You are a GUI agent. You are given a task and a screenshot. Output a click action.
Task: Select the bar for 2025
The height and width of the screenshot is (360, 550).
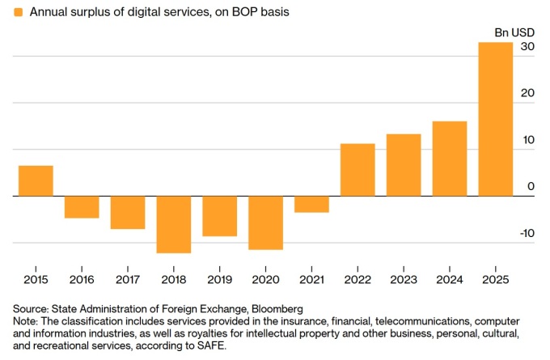coord(496,119)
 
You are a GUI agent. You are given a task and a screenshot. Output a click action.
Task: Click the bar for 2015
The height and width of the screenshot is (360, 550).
coord(36,180)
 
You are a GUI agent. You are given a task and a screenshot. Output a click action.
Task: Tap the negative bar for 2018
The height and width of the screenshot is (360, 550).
coord(174,224)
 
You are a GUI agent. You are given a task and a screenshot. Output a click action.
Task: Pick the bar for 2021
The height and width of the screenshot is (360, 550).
coord(311,204)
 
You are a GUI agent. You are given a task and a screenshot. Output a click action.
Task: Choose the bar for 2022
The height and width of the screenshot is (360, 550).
coord(357,170)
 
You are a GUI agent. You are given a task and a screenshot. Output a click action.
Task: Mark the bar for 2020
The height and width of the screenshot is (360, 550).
coord(266,222)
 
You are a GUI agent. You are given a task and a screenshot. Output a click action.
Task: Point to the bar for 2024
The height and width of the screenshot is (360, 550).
coord(450,159)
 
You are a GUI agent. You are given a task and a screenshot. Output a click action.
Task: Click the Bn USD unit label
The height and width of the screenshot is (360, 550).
coord(514,32)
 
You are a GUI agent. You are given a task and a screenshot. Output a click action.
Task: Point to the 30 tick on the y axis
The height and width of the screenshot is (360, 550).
coord(527,47)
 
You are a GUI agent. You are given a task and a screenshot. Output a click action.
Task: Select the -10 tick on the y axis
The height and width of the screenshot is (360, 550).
coord(526,234)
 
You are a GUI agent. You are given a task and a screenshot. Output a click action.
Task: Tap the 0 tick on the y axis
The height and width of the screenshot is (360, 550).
coord(531,187)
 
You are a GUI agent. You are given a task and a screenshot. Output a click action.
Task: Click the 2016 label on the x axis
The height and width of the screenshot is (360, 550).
coord(82,279)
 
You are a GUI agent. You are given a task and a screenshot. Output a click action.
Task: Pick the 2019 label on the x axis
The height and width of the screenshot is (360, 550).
coord(219,279)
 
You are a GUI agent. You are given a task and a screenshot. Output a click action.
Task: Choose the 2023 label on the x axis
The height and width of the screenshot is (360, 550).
coord(404,279)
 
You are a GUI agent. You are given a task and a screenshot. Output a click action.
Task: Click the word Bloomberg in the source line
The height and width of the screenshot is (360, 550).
coord(276,308)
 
